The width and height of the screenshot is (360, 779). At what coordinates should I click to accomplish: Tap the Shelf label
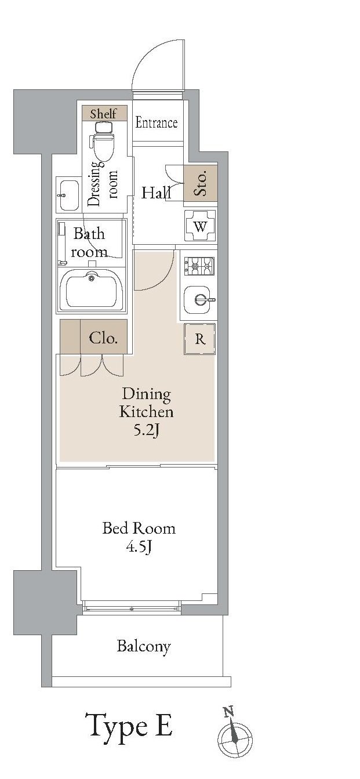103,114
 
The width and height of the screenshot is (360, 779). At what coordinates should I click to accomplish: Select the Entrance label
157,122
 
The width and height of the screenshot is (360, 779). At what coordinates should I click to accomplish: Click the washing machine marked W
200,226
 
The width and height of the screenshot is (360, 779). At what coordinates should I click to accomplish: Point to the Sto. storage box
201,183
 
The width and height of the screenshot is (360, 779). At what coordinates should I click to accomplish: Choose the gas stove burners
199,266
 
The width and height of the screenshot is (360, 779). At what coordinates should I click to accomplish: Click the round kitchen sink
199,300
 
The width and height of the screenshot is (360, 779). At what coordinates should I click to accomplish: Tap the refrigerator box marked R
200,339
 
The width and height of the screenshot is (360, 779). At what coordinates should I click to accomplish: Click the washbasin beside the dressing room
68,195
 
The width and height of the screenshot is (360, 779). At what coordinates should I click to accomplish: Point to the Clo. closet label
103,338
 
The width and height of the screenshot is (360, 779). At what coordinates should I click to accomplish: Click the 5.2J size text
147,430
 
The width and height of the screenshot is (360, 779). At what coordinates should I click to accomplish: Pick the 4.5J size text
139,547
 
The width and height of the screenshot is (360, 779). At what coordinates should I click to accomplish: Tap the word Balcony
144,647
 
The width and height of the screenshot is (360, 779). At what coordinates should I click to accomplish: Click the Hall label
156,193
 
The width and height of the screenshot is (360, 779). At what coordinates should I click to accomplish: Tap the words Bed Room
139,528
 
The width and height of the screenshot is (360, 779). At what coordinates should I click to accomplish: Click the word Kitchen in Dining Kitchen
146,412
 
